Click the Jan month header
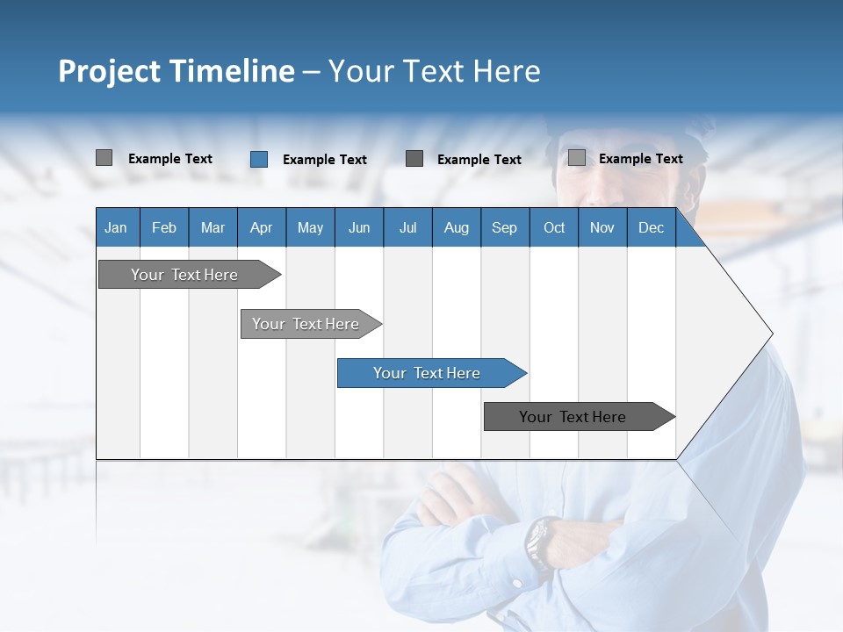[x=116, y=227]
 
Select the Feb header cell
[x=164, y=227]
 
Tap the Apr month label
[x=261, y=227]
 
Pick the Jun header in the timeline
[x=358, y=227]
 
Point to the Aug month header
[x=456, y=227]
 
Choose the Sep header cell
[x=504, y=227]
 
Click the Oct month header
[x=553, y=227]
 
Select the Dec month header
[x=651, y=227]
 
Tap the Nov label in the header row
[x=602, y=227]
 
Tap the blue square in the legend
[x=259, y=159]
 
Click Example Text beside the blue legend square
[x=324, y=160]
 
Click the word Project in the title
[x=108, y=71]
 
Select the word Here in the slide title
[x=507, y=71]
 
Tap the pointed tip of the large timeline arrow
[x=771, y=334]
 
